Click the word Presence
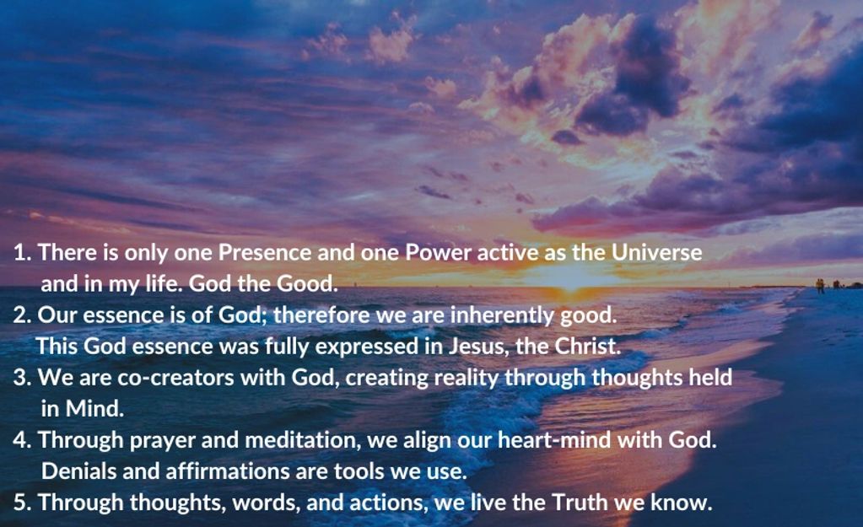coord(265,252)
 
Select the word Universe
coord(657,252)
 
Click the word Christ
coord(588,347)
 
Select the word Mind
coord(94,409)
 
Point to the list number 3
coord(22,378)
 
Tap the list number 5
coord(22,503)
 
